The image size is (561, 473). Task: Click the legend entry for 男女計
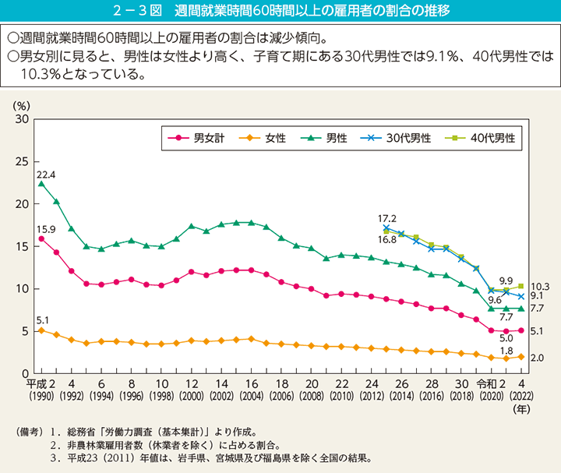pos(201,138)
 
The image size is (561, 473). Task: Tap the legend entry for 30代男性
pos(400,138)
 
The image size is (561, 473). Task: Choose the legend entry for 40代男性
pos(486,138)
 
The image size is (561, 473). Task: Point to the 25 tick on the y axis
pos(22,161)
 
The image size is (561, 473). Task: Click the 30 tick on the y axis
pos(22,119)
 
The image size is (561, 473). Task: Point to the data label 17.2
pos(386,218)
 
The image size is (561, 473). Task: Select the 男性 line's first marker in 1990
pos(41,184)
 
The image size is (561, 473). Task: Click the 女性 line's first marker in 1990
pos(41,330)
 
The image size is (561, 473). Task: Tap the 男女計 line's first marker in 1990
pos(41,238)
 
